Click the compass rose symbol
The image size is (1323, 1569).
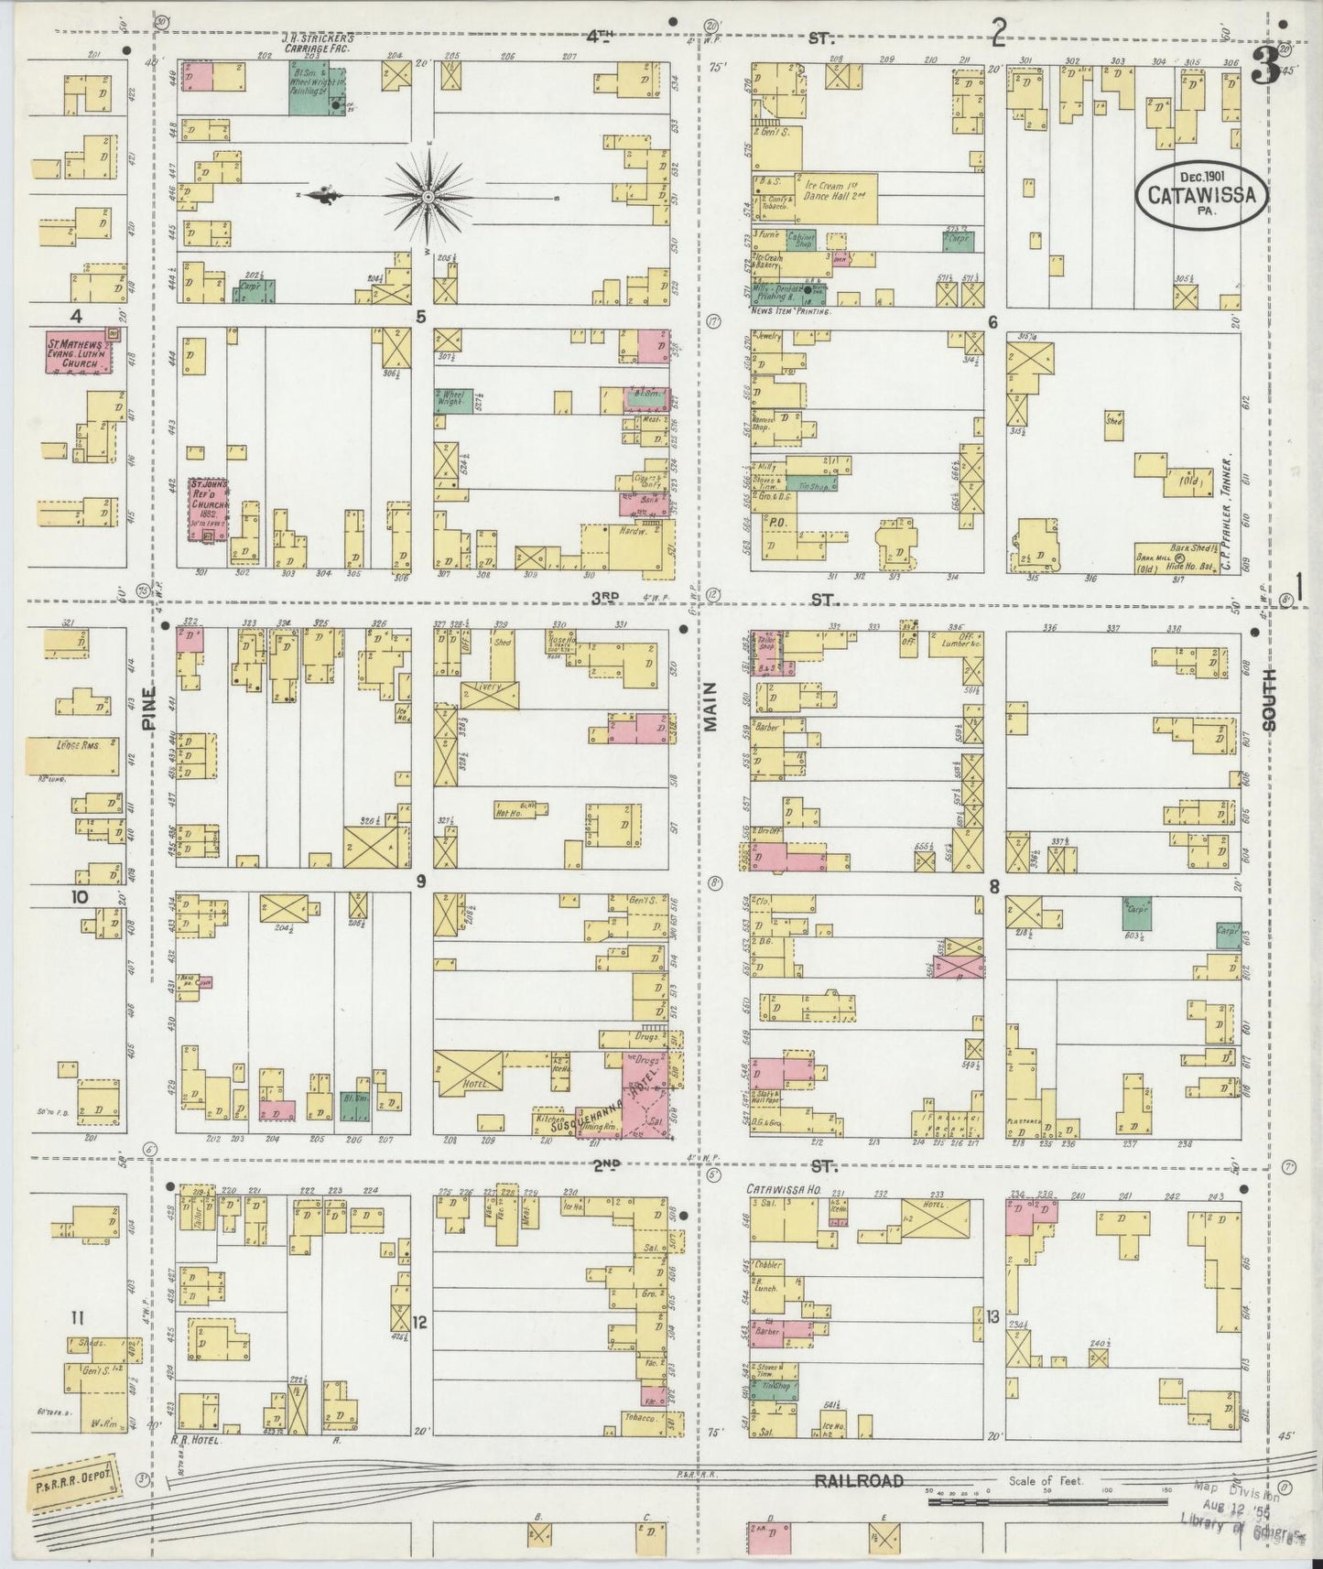[x=428, y=196]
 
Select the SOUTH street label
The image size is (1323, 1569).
[x=1269, y=709]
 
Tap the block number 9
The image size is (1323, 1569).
[x=420, y=882]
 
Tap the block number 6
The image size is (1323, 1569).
[x=992, y=320]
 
